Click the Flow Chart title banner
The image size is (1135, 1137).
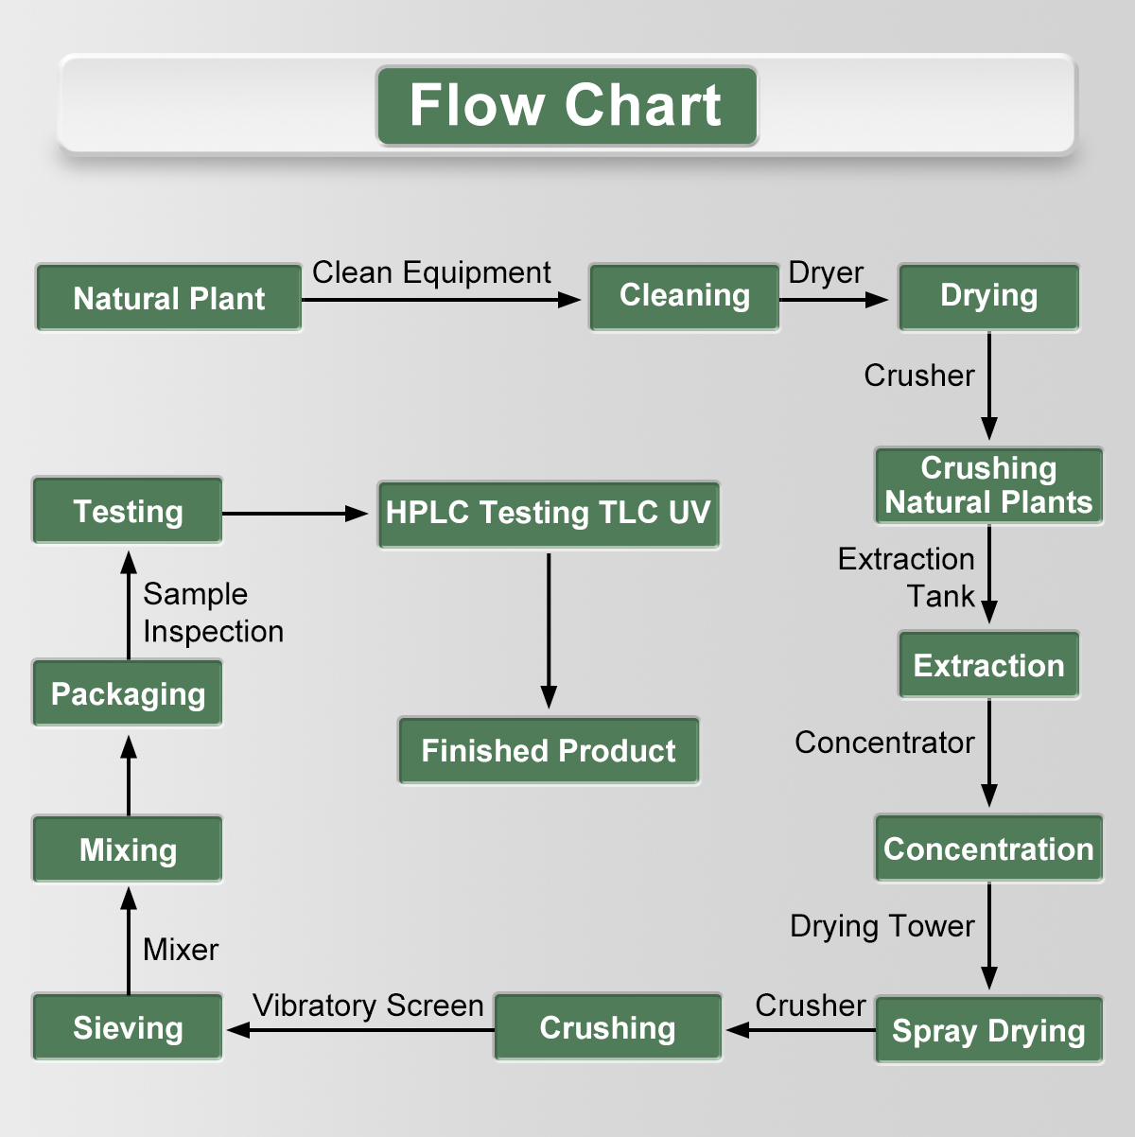[567, 105]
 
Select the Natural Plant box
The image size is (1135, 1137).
[169, 298]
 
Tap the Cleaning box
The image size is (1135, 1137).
[684, 297]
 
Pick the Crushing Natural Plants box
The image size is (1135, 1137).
[988, 485]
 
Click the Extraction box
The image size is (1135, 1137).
[988, 665]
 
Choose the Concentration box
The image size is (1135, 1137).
[988, 848]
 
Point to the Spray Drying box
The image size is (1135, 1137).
[988, 1030]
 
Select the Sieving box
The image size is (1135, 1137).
[128, 1027]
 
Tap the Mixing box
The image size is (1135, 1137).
[128, 849]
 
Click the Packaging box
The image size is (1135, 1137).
[128, 693]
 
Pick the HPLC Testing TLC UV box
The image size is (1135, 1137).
[548, 514]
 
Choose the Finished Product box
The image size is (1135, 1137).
[548, 751]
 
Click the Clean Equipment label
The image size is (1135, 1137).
[431, 272]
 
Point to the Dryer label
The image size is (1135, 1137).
[826, 272]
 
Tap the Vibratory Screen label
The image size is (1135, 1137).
[368, 1005]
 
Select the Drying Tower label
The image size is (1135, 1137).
[882, 925]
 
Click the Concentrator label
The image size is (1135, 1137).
[884, 743]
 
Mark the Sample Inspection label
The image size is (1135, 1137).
[213, 612]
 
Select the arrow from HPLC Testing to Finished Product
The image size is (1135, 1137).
[549, 629]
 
